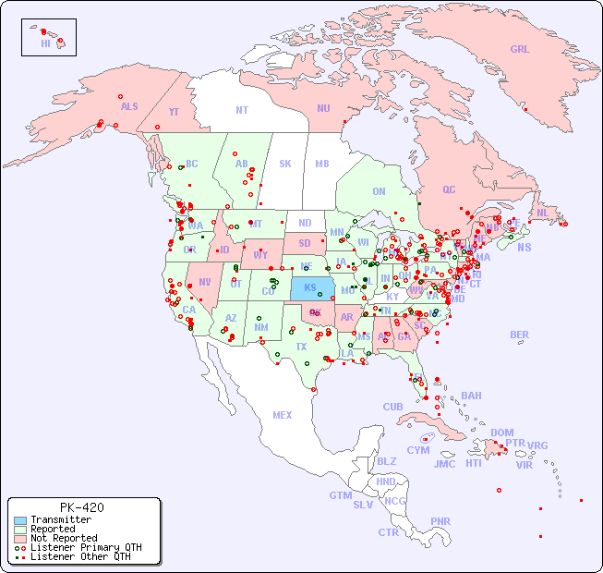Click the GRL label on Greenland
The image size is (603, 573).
[520, 50]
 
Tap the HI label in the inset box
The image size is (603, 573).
[45, 43]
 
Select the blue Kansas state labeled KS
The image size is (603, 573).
[310, 287]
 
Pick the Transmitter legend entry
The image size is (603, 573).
[61, 520]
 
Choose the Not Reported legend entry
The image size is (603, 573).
[64, 538]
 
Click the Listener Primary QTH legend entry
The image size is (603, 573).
[85, 547]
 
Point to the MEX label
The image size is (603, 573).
[283, 415]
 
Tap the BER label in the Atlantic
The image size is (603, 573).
[520, 335]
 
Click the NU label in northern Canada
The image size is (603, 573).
[323, 108]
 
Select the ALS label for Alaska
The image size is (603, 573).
[129, 106]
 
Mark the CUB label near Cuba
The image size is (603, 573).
[392, 407]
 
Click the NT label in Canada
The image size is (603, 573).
[242, 110]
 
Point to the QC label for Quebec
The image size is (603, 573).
[449, 189]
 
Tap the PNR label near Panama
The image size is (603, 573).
[440, 521]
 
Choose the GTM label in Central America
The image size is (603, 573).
[340, 495]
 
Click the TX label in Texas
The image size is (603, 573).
[301, 347]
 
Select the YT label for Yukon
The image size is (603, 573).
[174, 113]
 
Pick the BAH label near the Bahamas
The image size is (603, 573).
[471, 396]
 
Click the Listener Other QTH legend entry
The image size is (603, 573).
[79, 556]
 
